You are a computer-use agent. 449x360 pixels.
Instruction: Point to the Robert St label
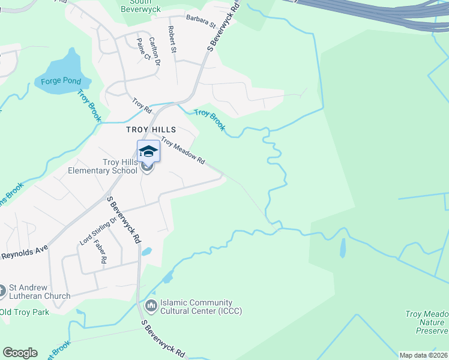tap(172, 39)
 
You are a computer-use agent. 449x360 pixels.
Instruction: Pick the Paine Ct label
tap(143, 48)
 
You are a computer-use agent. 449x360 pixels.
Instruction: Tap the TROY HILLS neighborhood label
tap(151, 130)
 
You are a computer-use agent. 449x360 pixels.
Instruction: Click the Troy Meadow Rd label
tap(183, 151)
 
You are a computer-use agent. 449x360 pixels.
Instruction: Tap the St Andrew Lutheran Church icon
tap(2, 291)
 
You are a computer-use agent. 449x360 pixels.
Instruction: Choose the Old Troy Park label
tap(24, 312)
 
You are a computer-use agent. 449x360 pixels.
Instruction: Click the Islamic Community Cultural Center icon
tap(150, 307)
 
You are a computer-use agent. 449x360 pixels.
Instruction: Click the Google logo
tap(20, 353)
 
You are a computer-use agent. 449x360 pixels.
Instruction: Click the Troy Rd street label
tap(142, 106)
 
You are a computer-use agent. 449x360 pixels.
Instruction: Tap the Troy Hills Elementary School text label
tap(120, 166)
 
